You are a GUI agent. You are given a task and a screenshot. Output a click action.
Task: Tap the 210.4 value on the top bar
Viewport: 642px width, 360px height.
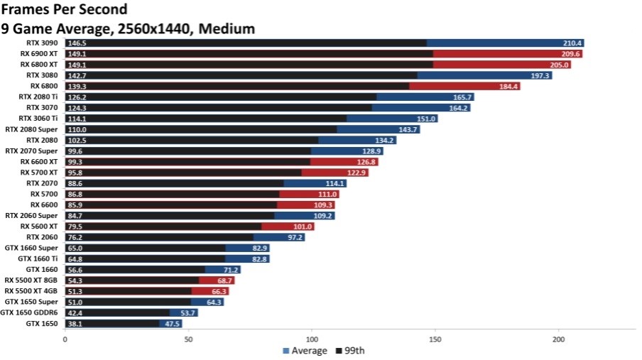tap(572, 43)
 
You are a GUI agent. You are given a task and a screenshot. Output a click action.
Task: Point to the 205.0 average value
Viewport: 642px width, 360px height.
tap(559, 65)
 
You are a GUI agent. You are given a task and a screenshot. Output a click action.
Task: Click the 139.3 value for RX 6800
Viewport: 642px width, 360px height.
tap(77, 86)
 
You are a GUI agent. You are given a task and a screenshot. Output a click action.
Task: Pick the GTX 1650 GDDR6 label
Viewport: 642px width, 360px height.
tap(31, 312)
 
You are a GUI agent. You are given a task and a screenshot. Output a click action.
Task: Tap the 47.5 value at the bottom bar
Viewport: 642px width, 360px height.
tap(170, 323)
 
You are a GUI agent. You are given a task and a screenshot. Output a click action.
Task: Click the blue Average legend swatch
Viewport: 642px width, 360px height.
tap(286, 351)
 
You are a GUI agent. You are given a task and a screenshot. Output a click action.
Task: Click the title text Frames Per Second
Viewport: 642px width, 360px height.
tap(65, 10)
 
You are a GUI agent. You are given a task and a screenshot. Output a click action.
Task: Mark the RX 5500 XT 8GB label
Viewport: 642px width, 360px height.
tap(33, 280)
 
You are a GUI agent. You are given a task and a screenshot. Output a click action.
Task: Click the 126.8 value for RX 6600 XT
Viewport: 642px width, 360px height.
tap(366, 162)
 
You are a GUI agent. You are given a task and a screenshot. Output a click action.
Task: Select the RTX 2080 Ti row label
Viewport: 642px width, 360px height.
tap(40, 97)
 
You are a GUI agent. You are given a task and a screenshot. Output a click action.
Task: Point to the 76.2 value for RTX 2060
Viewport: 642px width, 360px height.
tap(75, 237)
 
